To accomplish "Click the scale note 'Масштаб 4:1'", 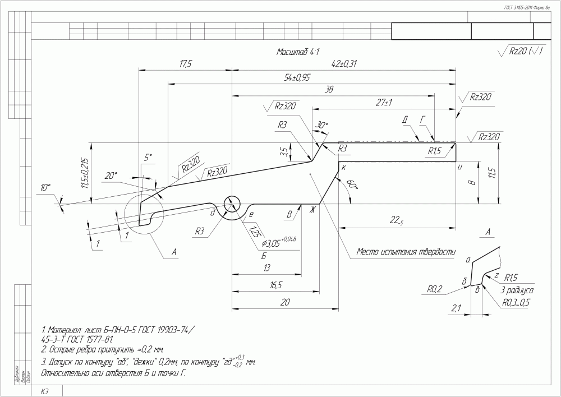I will pos(298,52).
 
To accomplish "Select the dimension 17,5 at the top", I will pos(186,64).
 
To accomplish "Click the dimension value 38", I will pos(337,90).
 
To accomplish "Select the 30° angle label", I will pos(321,125).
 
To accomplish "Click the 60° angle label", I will pos(352,184).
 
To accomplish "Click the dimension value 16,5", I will pos(275,285).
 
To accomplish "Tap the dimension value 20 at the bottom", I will pos(285,302).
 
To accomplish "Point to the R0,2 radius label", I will pos(435,290).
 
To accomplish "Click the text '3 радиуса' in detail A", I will pos(516,291).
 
